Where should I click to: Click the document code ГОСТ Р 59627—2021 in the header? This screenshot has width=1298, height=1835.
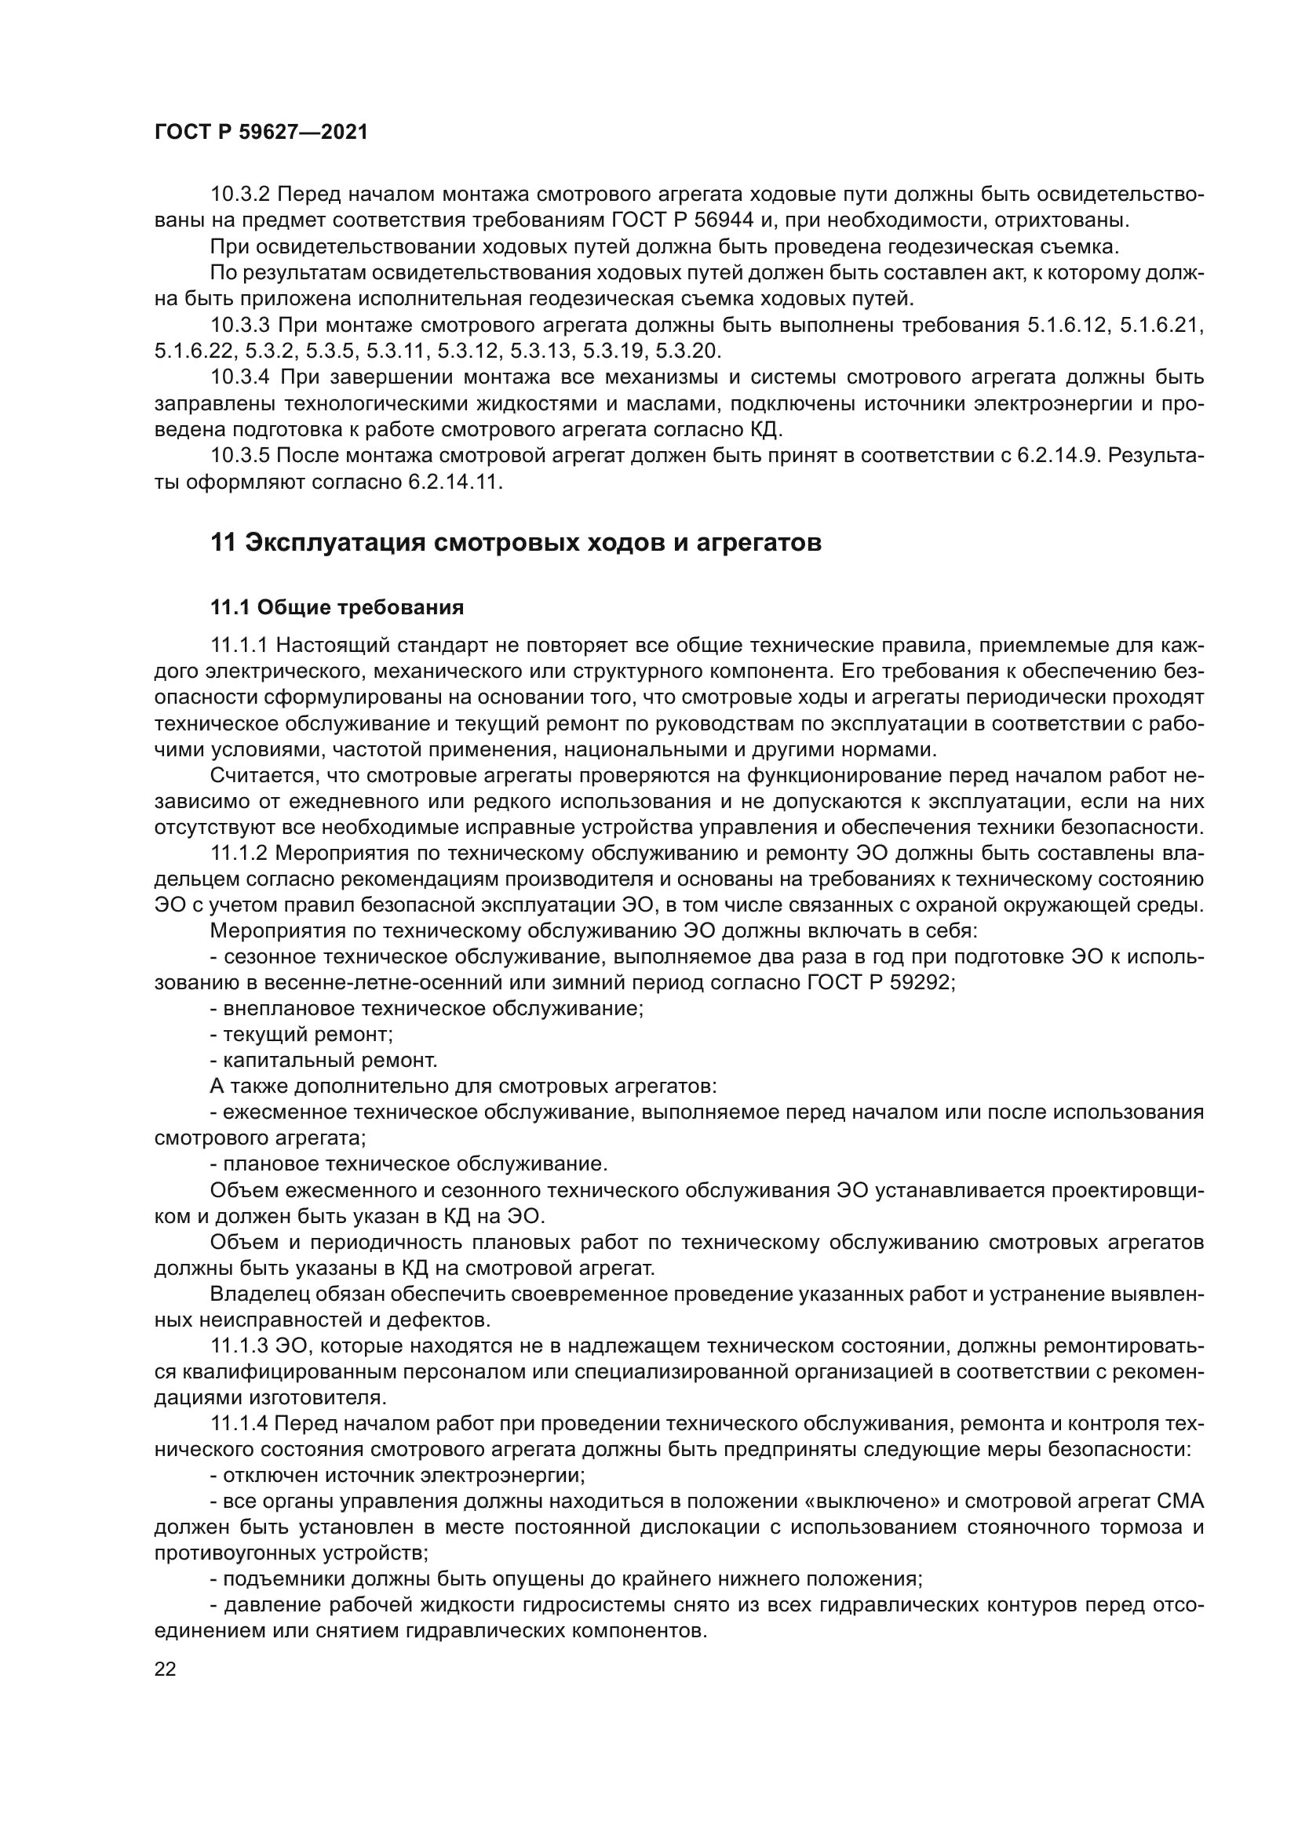coord(261,133)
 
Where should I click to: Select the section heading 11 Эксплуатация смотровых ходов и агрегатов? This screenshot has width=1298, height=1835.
coord(516,543)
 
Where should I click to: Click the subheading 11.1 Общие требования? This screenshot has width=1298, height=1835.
coord(337,608)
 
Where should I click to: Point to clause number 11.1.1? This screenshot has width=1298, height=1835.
coord(240,646)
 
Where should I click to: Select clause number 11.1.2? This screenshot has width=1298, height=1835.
coord(240,854)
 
